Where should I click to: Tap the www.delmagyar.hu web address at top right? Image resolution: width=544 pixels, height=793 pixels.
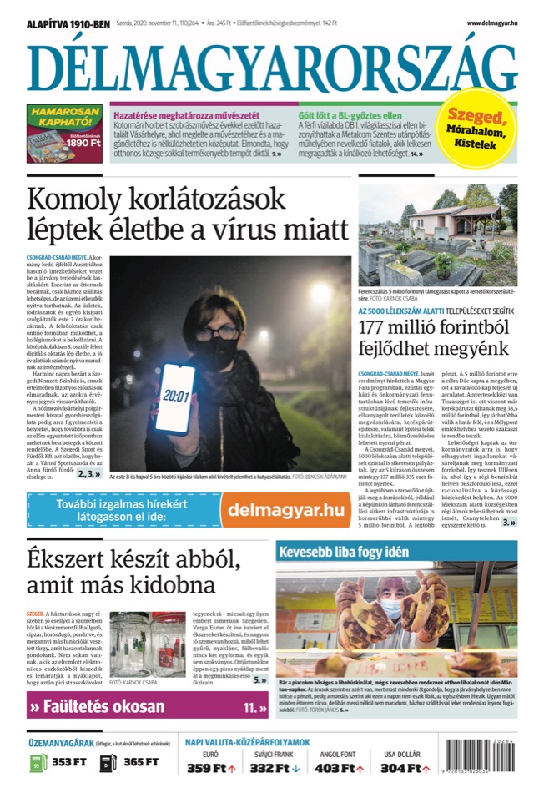(491, 23)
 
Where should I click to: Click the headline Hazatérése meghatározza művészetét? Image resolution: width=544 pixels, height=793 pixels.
(185, 114)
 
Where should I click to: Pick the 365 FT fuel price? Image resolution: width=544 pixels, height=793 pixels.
(139, 761)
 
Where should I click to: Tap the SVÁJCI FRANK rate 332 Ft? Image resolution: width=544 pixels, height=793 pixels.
(275, 768)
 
